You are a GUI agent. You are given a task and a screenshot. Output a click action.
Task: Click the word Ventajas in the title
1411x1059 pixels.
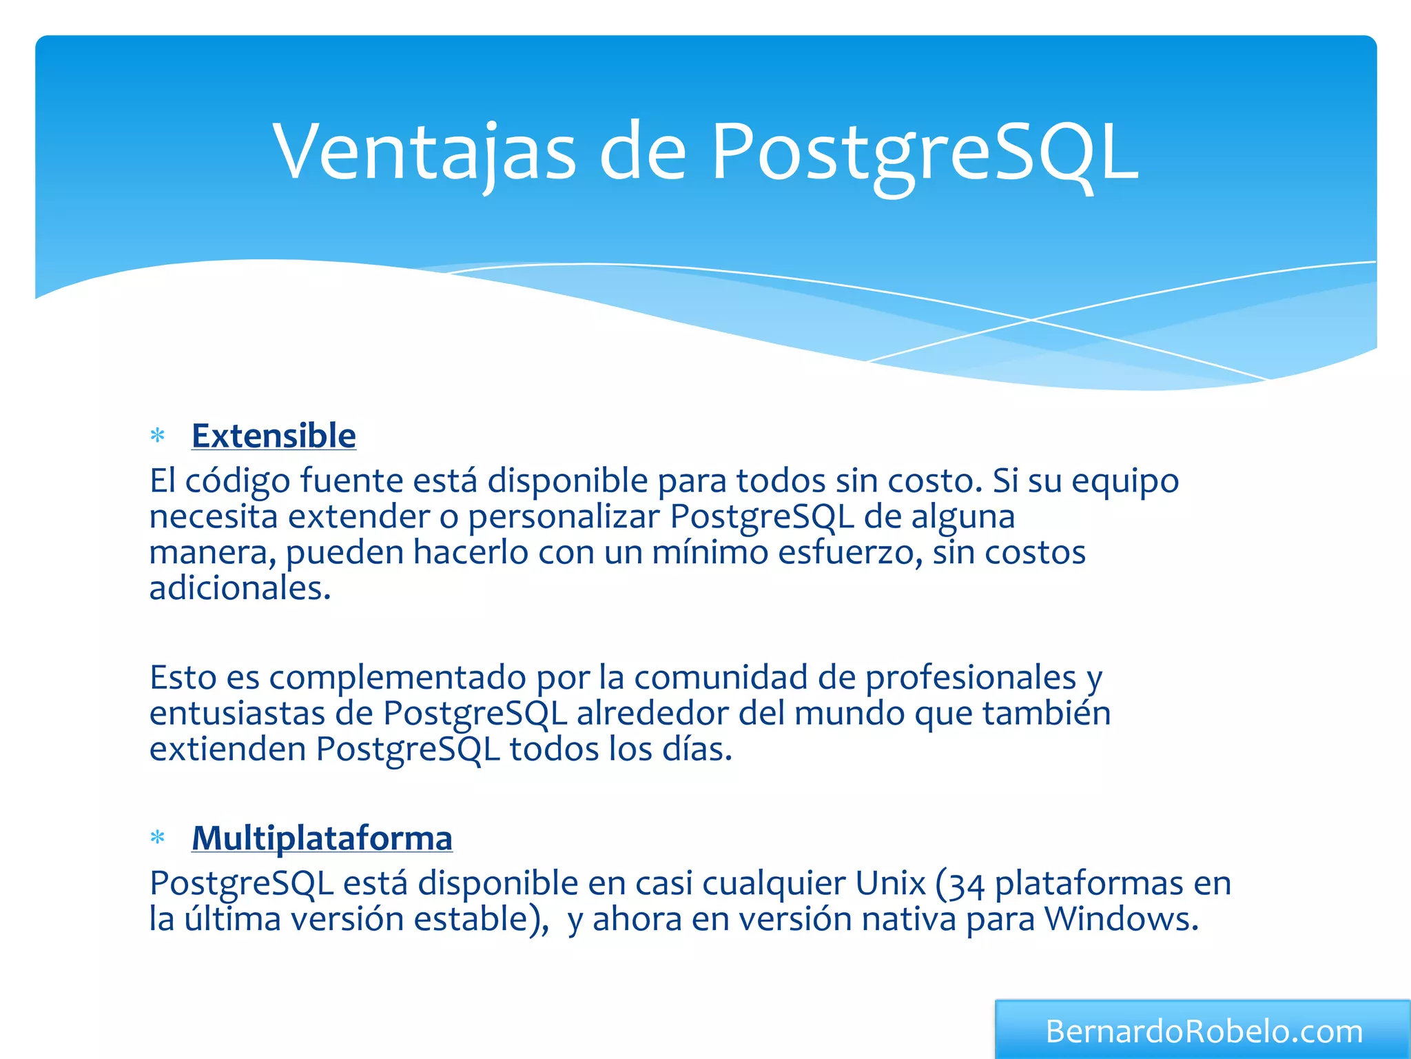[x=424, y=152]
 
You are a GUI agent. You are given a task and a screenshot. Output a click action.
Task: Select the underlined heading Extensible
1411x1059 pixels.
[x=274, y=436]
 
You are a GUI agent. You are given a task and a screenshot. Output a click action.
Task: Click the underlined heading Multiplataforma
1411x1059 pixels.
[x=322, y=838]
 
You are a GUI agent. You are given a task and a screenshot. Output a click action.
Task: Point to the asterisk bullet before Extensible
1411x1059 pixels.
[x=158, y=436]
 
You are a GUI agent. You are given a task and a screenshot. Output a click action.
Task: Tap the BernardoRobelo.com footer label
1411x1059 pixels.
[x=1204, y=1031]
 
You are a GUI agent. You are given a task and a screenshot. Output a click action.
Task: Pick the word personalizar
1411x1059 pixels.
[x=564, y=517]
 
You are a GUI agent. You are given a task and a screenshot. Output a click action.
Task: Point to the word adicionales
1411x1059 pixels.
[x=239, y=588]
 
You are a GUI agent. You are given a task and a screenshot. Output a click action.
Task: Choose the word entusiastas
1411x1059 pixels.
[x=237, y=714]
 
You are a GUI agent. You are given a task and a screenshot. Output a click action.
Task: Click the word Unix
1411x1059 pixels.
[x=889, y=883]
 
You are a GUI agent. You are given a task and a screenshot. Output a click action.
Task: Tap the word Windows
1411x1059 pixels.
[x=1120, y=919]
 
